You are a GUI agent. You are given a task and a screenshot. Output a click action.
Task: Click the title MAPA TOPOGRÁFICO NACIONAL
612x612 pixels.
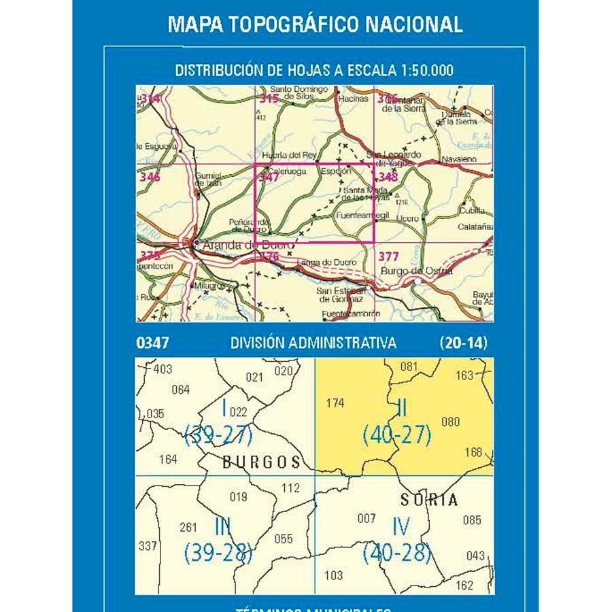pos(315,24)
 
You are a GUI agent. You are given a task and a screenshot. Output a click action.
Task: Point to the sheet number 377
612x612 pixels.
pos(388,257)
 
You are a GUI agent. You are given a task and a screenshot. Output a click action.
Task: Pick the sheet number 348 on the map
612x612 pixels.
pos(388,177)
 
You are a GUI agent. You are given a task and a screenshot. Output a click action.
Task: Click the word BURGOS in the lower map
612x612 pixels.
pos(261,462)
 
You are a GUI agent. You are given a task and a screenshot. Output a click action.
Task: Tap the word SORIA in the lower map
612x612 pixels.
pos(429,500)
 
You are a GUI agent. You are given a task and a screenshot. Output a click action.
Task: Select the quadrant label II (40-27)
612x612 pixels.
pos(397,423)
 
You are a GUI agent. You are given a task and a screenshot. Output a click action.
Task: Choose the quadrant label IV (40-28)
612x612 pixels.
pos(397,541)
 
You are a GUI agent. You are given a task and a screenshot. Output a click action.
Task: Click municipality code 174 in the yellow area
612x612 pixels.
pos(335,403)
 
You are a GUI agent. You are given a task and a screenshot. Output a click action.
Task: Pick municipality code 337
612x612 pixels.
pos(147,545)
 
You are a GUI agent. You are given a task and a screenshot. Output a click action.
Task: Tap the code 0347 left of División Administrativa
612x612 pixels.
pos(152,343)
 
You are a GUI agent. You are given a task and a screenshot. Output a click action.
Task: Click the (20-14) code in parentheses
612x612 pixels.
pos(463,343)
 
